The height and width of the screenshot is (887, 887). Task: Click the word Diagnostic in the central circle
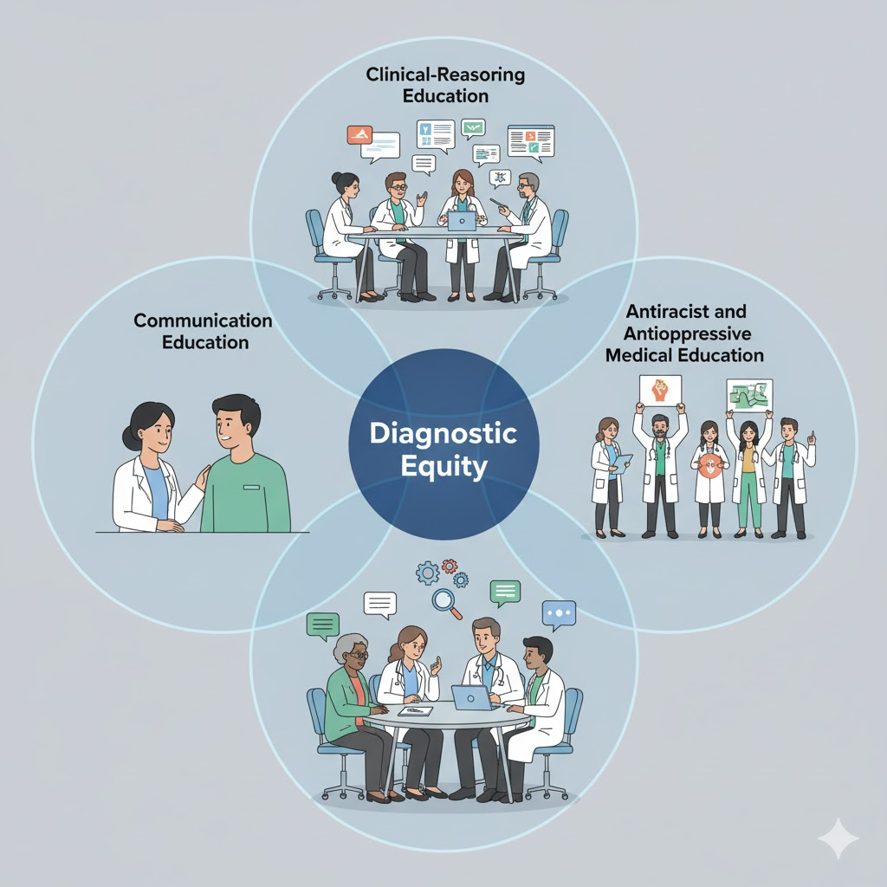tap(443, 432)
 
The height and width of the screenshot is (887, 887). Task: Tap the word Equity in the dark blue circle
tap(443, 468)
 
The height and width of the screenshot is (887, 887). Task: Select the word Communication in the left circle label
tap(203, 320)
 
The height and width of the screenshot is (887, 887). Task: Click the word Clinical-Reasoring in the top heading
tap(445, 74)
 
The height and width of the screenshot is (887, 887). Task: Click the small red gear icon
tap(449, 566)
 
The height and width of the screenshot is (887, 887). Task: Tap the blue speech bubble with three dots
tap(559, 613)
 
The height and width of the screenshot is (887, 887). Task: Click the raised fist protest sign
tap(660, 390)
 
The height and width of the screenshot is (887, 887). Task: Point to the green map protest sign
tap(749, 394)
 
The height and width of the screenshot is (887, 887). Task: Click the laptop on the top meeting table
tap(461, 221)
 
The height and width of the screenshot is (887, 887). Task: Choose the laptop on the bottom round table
tap(472, 696)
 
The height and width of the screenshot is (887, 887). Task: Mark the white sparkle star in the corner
tap(838, 838)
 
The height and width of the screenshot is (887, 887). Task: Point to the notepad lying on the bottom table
tap(414, 711)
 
